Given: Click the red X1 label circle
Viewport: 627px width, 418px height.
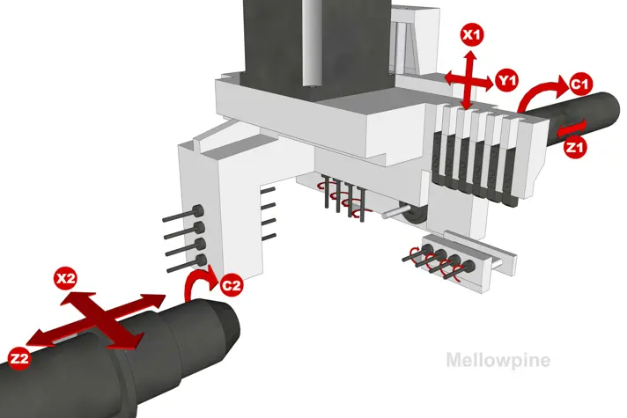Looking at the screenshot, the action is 472,34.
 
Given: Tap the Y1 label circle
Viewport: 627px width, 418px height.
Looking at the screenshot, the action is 506,81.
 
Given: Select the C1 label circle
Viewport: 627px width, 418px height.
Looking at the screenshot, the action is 580,84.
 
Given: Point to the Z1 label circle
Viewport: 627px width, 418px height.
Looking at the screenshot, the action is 575,148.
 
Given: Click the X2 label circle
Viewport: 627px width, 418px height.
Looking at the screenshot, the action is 65,278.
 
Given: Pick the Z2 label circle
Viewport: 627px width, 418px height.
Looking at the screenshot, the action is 19,358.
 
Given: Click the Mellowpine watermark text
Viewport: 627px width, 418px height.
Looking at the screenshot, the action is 498,360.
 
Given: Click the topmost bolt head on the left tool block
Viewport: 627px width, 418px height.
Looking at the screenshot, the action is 199,210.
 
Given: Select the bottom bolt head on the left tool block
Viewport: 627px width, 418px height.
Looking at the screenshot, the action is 201,260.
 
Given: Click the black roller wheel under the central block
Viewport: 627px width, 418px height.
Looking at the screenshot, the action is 413,216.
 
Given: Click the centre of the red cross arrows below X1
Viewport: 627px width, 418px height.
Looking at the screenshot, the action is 468,81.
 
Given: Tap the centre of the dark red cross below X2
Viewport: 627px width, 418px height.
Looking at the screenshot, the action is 103,319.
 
